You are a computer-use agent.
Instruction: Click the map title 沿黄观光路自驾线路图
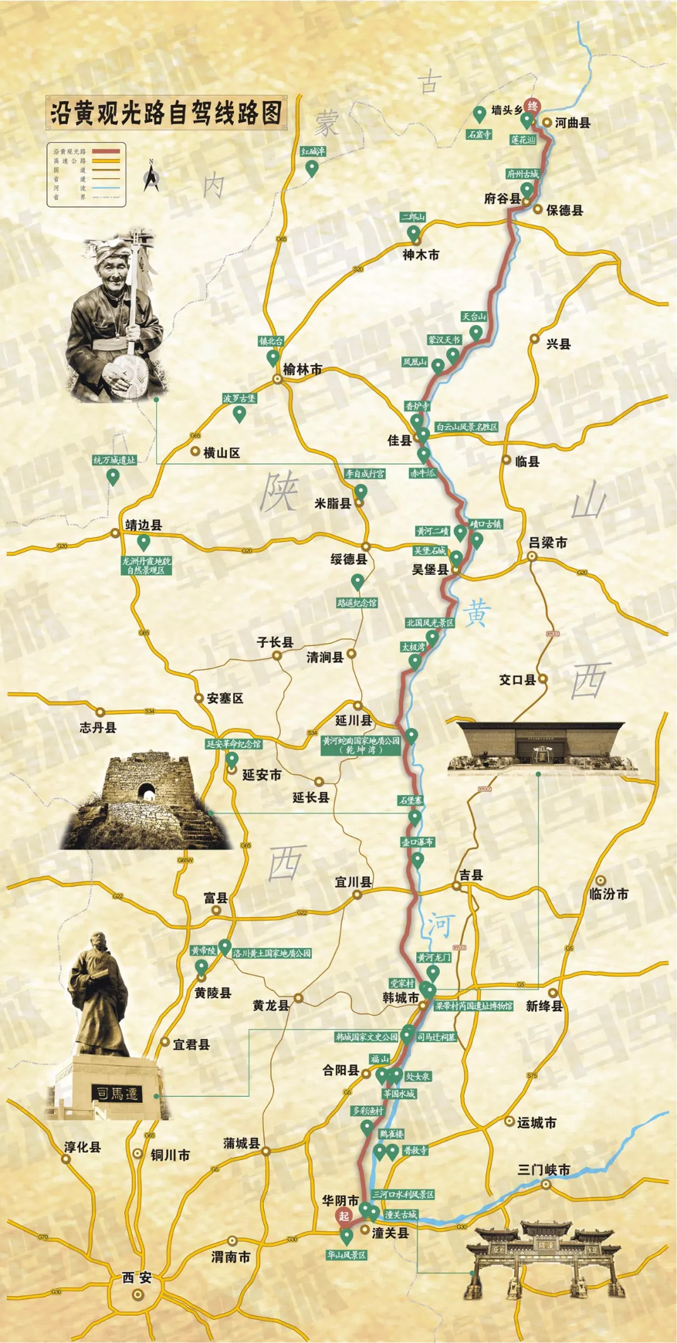(166, 113)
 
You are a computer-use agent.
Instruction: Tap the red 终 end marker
(532, 106)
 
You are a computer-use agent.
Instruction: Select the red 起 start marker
(344, 1216)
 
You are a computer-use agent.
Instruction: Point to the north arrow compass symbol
(151, 177)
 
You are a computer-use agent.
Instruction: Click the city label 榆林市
(303, 369)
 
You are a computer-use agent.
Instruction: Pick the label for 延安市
(261, 775)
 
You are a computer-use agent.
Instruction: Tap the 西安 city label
(137, 1277)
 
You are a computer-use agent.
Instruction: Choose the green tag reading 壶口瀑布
(417, 841)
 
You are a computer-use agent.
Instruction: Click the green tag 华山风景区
(347, 1255)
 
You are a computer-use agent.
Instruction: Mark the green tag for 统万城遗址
(114, 460)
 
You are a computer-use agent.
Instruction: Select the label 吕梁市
(548, 542)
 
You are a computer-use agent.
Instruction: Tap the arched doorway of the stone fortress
(147, 792)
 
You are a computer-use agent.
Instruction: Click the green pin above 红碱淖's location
(312, 167)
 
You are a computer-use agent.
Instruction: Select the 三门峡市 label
(544, 1169)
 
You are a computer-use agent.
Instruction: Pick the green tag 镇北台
(271, 341)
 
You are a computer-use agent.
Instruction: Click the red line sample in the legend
(105, 151)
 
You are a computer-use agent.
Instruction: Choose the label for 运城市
(537, 1122)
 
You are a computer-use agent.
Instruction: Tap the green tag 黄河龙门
(434, 957)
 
